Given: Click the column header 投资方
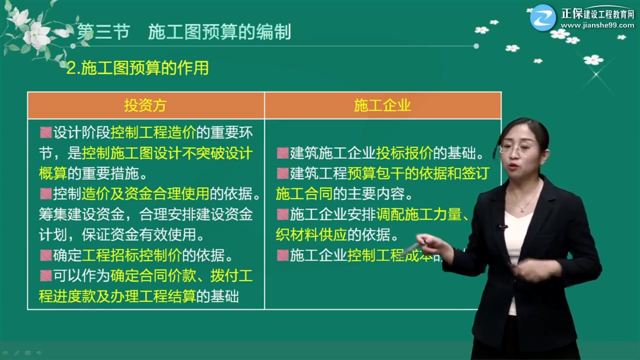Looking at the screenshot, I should pos(145,105).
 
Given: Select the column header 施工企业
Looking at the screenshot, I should pos(382,105).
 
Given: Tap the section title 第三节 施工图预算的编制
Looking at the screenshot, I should pos(184,32).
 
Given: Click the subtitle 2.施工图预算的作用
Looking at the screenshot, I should pos(137,68).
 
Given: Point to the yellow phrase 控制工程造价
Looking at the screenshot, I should pos(153,133).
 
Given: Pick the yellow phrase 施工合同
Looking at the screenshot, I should pos(304,193).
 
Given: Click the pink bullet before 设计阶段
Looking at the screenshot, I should pos(46,133).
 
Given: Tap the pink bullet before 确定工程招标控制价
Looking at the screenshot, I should pos(46,255).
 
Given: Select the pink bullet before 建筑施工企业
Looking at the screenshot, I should pos(282,153).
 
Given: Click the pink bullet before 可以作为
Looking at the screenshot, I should pos(46,275).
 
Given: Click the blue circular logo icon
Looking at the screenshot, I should pos(543,17).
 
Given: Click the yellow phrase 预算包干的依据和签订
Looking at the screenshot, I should pos(417,173).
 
